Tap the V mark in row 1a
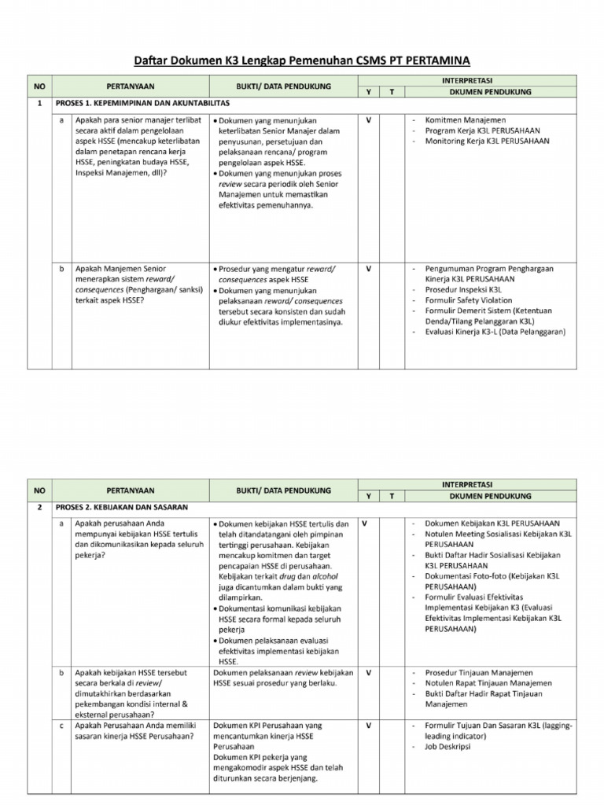click(369, 119)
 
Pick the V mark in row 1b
click(369, 268)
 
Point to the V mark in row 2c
click(369, 725)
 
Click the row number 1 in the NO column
click(39, 103)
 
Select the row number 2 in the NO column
click(39, 508)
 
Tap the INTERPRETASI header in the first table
click(468, 80)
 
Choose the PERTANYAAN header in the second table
click(130, 491)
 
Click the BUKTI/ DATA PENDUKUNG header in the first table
click(283, 86)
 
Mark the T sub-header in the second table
click(391, 496)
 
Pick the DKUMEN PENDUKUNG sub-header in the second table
click(490, 496)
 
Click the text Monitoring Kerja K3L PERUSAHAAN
click(488, 142)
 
